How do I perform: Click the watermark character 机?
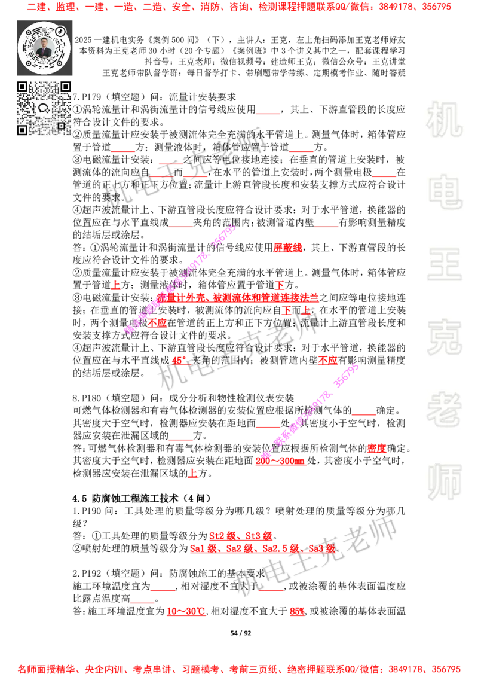444,120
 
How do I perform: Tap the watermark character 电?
446,191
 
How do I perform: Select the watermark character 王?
444,265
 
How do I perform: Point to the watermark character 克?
444,337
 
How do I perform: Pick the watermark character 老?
444,409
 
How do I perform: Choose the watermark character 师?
444,483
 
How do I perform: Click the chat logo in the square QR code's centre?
44,108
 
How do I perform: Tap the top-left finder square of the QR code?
23,87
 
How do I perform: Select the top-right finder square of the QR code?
65,87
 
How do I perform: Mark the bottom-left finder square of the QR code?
23,129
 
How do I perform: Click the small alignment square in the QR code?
60,125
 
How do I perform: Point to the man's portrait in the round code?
44,48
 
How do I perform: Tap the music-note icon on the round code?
60,31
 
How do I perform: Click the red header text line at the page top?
239,7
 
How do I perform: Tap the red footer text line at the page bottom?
239,669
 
